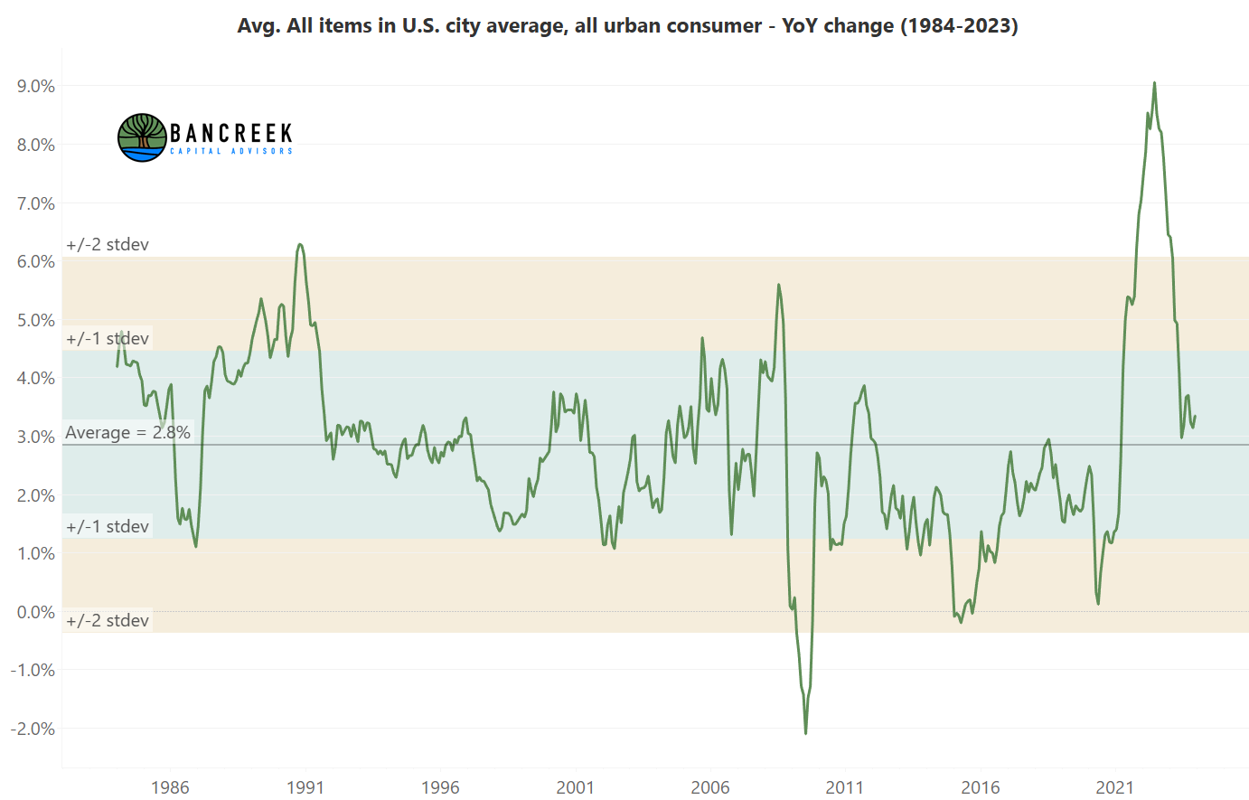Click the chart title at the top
(x=627, y=25)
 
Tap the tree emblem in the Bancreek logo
(x=142, y=137)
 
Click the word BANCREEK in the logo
(x=231, y=134)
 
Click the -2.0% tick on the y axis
(x=33, y=729)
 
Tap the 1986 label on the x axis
(x=170, y=786)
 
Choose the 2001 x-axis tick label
(x=575, y=786)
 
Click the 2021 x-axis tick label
(x=1114, y=786)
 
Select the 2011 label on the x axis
(x=845, y=786)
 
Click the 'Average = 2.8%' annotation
(x=127, y=432)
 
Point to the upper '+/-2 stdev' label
(x=108, y=244)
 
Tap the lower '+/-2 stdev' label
(x=108, y=620)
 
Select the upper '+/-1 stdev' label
(x=108, y=338)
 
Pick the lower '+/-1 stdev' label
(x=108, y=526)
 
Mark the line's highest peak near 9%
(x=1154, y=83)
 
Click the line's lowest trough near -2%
(x=805, y=732)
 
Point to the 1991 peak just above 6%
(x=300, y=244)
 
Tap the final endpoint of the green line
(x=1195, y=417)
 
